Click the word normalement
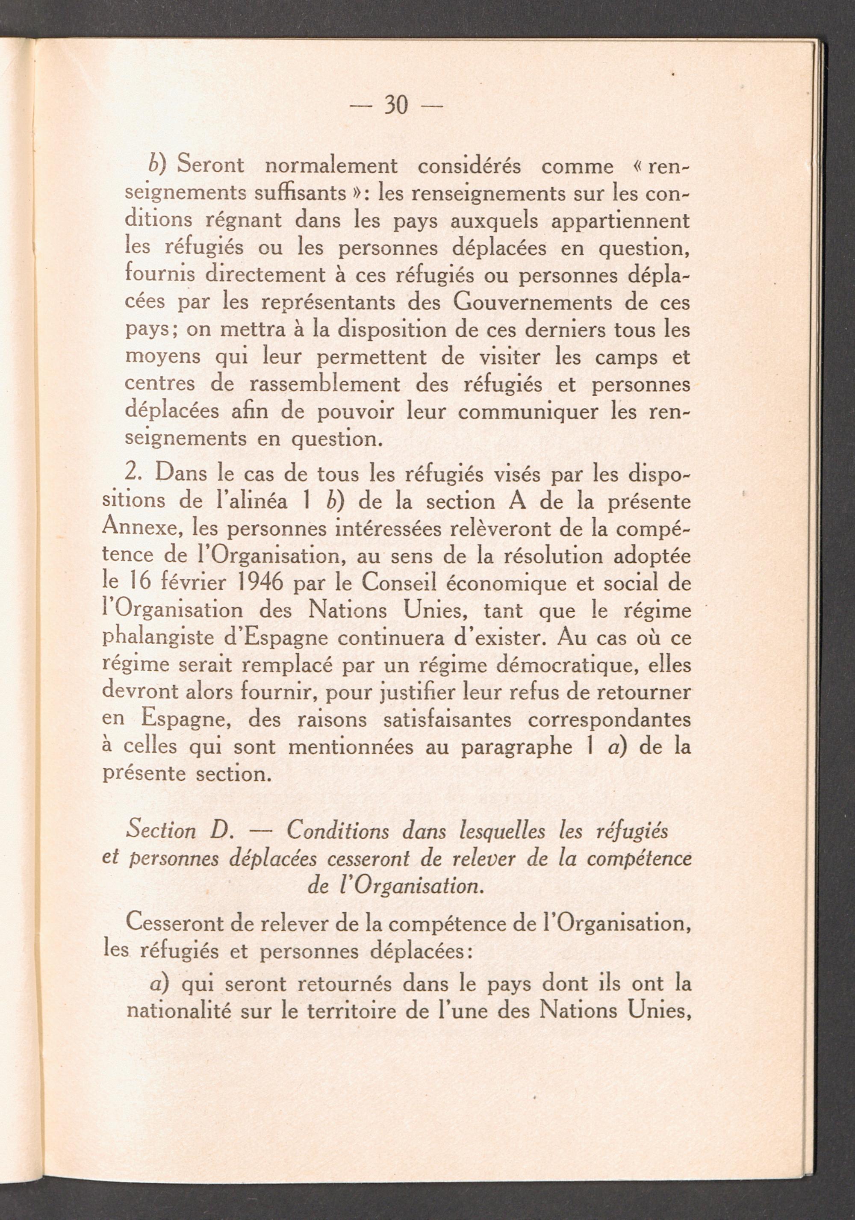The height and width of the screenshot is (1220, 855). [330, 166]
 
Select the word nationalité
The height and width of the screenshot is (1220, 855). [179, 1010]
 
